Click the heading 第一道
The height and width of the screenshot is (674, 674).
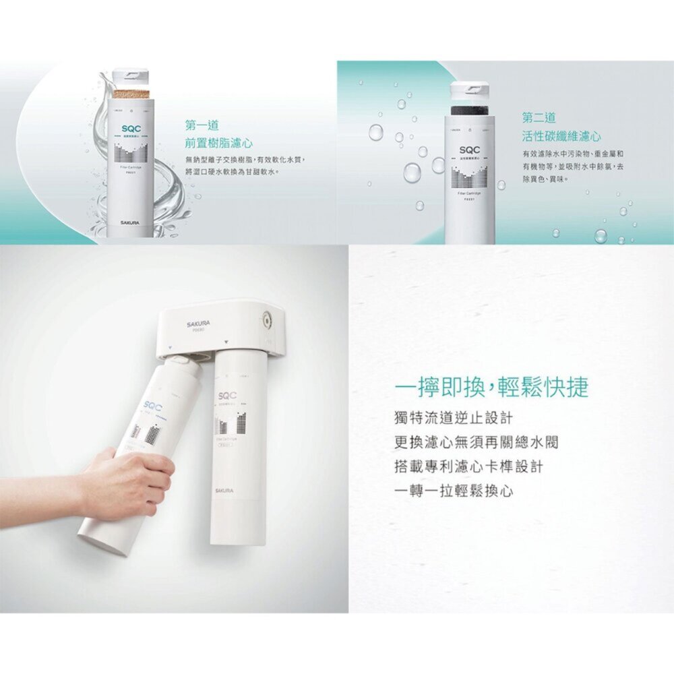pos(202,125)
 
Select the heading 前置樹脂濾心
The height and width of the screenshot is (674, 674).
pos(219,143)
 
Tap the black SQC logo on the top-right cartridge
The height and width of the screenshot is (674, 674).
pos(469,148)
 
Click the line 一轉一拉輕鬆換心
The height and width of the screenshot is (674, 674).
pos(453,491)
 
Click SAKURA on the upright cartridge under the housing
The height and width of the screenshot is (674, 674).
pos(224,490)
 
